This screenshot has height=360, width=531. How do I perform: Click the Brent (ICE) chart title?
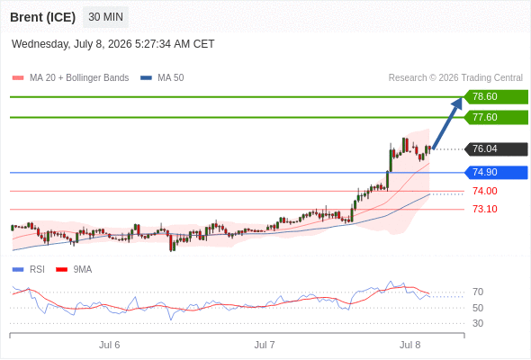(42, 17)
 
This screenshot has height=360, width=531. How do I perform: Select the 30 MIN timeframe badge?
(105, 16)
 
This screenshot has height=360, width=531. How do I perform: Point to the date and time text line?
(112, 44)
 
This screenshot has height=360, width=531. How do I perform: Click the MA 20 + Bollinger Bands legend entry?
(70, 78)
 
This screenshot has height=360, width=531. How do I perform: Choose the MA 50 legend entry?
(162, 78)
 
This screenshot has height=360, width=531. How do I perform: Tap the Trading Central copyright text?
(455, 78)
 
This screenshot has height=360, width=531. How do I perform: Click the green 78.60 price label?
(497, 97)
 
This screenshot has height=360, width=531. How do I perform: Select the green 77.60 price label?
(497, 118)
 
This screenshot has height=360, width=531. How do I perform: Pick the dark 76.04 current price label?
(497, 149)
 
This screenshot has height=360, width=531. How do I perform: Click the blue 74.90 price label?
(497, 173)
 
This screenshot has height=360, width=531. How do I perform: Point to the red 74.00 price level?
(485, 191)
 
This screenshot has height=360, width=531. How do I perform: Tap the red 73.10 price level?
(485, 209)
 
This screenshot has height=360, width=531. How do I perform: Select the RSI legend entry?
(29, 269)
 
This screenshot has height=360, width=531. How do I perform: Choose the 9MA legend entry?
(74, 269)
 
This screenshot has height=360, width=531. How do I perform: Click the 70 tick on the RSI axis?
(478, 292)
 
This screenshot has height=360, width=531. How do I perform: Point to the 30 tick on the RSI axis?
(478, 323)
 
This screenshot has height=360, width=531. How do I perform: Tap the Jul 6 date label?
(110, 345)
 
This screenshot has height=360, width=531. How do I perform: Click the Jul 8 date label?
(409, 345)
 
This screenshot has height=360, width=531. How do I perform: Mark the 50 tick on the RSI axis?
(478, 308)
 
